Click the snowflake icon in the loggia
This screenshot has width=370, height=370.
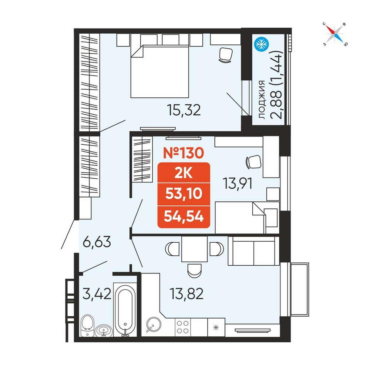(262, 44)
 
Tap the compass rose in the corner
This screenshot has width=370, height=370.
(334, 34)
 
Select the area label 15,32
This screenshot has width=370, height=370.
(184, 110)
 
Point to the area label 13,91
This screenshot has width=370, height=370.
(238, 184)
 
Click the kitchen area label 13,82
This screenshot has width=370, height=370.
(186, 294)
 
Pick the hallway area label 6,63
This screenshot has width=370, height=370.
(97, 242)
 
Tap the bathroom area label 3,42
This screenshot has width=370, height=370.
(97, 294)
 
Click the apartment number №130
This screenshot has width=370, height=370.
(184, 153)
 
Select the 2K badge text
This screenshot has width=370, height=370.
(184, 174)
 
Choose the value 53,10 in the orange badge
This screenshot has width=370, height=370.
(184, 194)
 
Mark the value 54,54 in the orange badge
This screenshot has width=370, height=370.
(184, 216)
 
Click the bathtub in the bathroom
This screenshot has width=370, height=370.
(125, 310)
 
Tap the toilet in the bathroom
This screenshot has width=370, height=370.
(87, 326)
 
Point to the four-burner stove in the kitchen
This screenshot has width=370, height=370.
(183, 327)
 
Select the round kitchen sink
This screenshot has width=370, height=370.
(154, 324)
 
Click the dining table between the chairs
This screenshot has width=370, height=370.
(195, 249)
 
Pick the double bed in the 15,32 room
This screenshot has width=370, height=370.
(160, 71)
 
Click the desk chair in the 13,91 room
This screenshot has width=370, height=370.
(253, 162)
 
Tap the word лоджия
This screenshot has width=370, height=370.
(262, 100)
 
